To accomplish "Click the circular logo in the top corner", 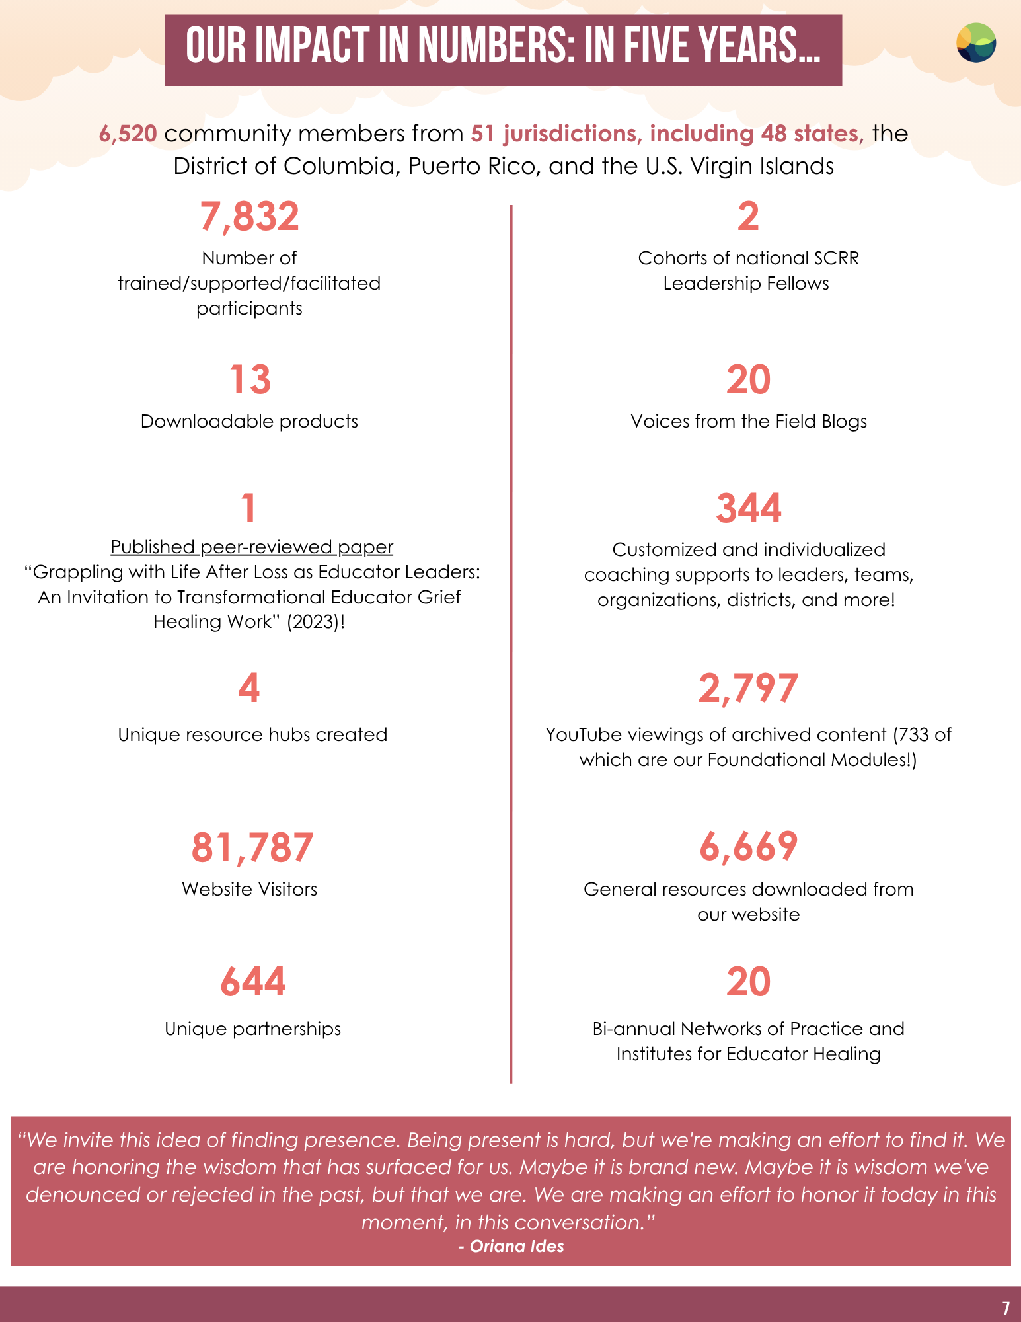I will (976, 43).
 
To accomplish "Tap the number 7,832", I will (250, 217).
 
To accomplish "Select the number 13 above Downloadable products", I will (250, 380).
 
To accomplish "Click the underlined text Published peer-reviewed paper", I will (252, 547).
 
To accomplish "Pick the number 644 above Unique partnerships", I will (252, 982).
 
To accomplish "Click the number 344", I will (748, 508).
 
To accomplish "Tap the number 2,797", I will (748, 689).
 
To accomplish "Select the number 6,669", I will (748, 847).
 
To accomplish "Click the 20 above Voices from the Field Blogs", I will (748, 380).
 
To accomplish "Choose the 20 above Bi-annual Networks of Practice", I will (748, 982).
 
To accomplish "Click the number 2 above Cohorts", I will (748, 217).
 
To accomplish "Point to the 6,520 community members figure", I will (128, 134).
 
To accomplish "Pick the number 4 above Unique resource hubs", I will (249, 689).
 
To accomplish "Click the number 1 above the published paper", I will (248, 508).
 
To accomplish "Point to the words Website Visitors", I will (250, 890).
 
